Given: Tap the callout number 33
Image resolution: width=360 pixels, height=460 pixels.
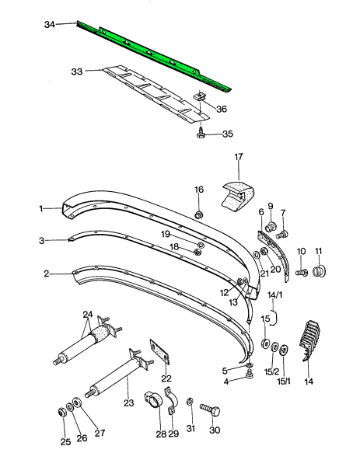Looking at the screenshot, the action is (x=77, y=71).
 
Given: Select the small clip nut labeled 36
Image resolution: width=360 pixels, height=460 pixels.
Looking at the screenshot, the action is (x=201, y=96).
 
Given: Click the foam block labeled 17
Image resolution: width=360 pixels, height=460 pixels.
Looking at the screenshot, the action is (x=238, y=197).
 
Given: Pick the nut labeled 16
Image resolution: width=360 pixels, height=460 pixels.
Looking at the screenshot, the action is (x=199, y=215).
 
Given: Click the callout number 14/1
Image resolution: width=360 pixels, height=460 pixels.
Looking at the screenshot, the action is (x=275, y=294).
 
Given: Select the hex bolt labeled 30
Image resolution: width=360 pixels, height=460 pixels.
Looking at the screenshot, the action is (x=210, y=409).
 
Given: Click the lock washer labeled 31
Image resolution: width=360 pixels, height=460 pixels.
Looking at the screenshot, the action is (x=190, y=402).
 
